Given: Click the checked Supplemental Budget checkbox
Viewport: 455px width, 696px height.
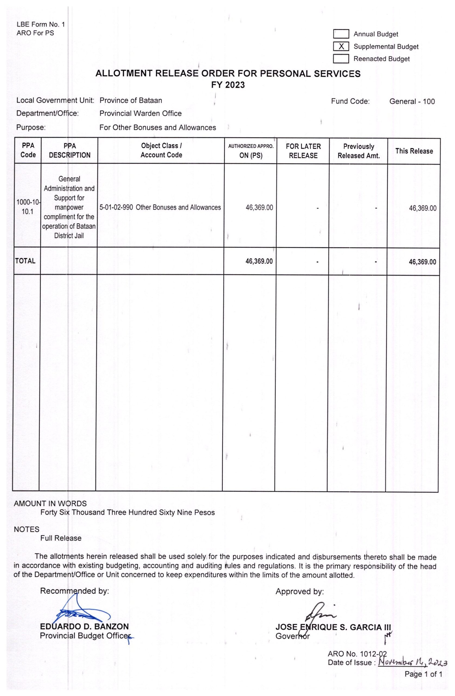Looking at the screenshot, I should (341, 46).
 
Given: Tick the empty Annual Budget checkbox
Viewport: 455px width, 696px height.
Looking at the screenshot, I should (341, 34).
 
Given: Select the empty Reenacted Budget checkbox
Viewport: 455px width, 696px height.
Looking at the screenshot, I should (341, 58).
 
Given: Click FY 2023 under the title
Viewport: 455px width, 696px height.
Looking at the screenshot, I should (228, 85).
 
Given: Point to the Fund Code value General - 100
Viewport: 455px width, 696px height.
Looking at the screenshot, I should (412, 101).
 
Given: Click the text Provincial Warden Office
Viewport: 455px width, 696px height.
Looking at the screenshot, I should (140, 113).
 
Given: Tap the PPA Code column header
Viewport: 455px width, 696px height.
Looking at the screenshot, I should (28, 150).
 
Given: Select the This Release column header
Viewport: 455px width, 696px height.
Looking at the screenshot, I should (414, 151).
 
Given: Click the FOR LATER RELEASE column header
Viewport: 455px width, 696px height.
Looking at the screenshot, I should (303, 151).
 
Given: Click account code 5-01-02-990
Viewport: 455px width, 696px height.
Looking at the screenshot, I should (116, 207).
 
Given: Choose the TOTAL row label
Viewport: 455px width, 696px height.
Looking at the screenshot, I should (25, 261).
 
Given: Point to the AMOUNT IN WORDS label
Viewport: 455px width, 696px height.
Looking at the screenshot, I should (50, 503).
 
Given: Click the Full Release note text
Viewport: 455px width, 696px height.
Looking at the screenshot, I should (61, 538).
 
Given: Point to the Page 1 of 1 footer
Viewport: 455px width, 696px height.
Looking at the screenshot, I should (423, 674).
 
